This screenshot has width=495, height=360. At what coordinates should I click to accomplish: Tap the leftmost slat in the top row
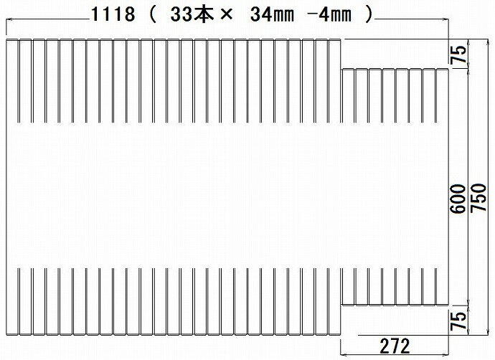[12, 79]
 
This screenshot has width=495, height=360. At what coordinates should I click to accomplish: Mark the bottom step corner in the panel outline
[341, 304]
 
